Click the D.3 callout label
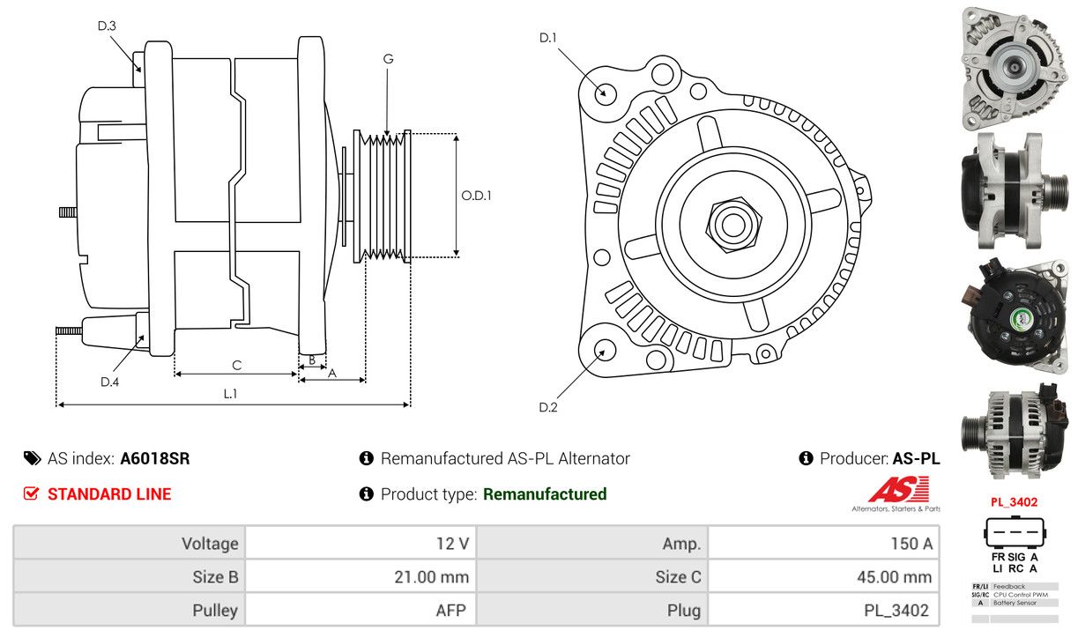click(107, 26)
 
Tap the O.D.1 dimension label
click(476, 196)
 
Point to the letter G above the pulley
click(388, 59)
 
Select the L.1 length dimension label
click(231, 394)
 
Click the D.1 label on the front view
click(547, 38)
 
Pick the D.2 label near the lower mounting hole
click(547, 407)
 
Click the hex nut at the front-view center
click(733, 224)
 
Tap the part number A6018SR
click(155, 458)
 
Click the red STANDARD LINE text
click(109, 494)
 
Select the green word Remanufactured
click(545, 494)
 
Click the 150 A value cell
click(823, 543)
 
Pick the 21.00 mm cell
click(361, 576)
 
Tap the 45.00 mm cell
click(823, 576)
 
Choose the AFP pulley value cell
click(361, 610)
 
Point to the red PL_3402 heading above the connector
click(1014, 502)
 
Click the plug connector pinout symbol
click(1014, 531)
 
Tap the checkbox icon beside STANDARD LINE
click(31, 493)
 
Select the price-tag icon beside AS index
click(33, 458)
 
